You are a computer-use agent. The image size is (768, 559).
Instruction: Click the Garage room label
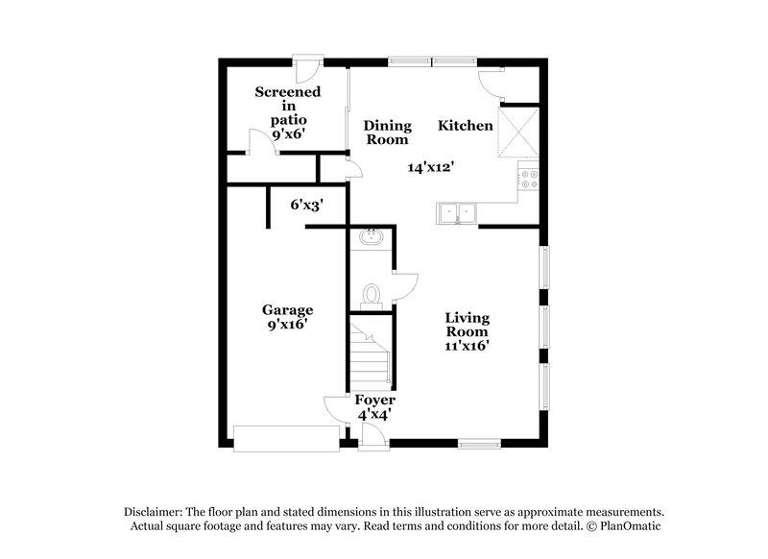point(288,310)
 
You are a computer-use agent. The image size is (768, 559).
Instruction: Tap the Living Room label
point(468,325)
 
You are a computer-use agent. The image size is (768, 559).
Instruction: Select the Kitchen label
point(466,126)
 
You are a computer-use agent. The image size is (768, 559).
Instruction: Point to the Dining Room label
point(387,133)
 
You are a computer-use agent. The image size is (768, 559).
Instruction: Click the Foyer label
point(374,400)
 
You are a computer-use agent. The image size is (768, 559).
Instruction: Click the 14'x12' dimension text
point(430,167)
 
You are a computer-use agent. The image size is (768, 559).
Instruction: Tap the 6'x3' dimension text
point(306,204)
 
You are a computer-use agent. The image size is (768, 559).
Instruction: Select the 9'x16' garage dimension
point(288,326)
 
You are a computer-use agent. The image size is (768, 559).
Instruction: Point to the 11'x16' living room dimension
point(468,347)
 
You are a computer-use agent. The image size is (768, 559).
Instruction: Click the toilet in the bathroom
point(373,294)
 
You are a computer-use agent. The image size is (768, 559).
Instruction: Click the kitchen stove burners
point(529,179)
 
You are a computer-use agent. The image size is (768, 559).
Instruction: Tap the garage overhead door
point(285,438)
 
